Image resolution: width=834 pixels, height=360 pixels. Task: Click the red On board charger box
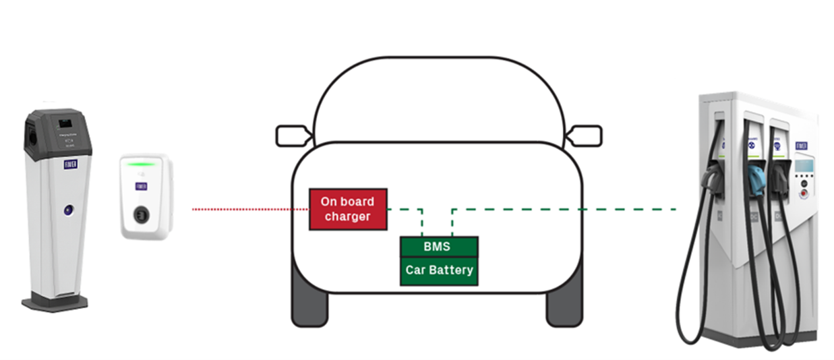coord(348,209)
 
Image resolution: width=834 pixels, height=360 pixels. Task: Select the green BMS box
coord(439,247)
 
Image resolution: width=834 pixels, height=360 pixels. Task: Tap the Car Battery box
coord(439,271)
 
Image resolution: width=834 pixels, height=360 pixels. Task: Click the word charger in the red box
coord(347,216)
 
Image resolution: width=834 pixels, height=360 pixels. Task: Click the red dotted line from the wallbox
coord(249,210)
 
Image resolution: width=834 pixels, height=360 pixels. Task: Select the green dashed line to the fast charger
coord(566,210)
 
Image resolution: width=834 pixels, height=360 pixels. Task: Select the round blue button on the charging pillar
coord(69,210)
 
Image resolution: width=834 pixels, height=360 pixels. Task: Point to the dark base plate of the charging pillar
coord(55,303)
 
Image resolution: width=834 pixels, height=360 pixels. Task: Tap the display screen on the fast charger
coord(803,164)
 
